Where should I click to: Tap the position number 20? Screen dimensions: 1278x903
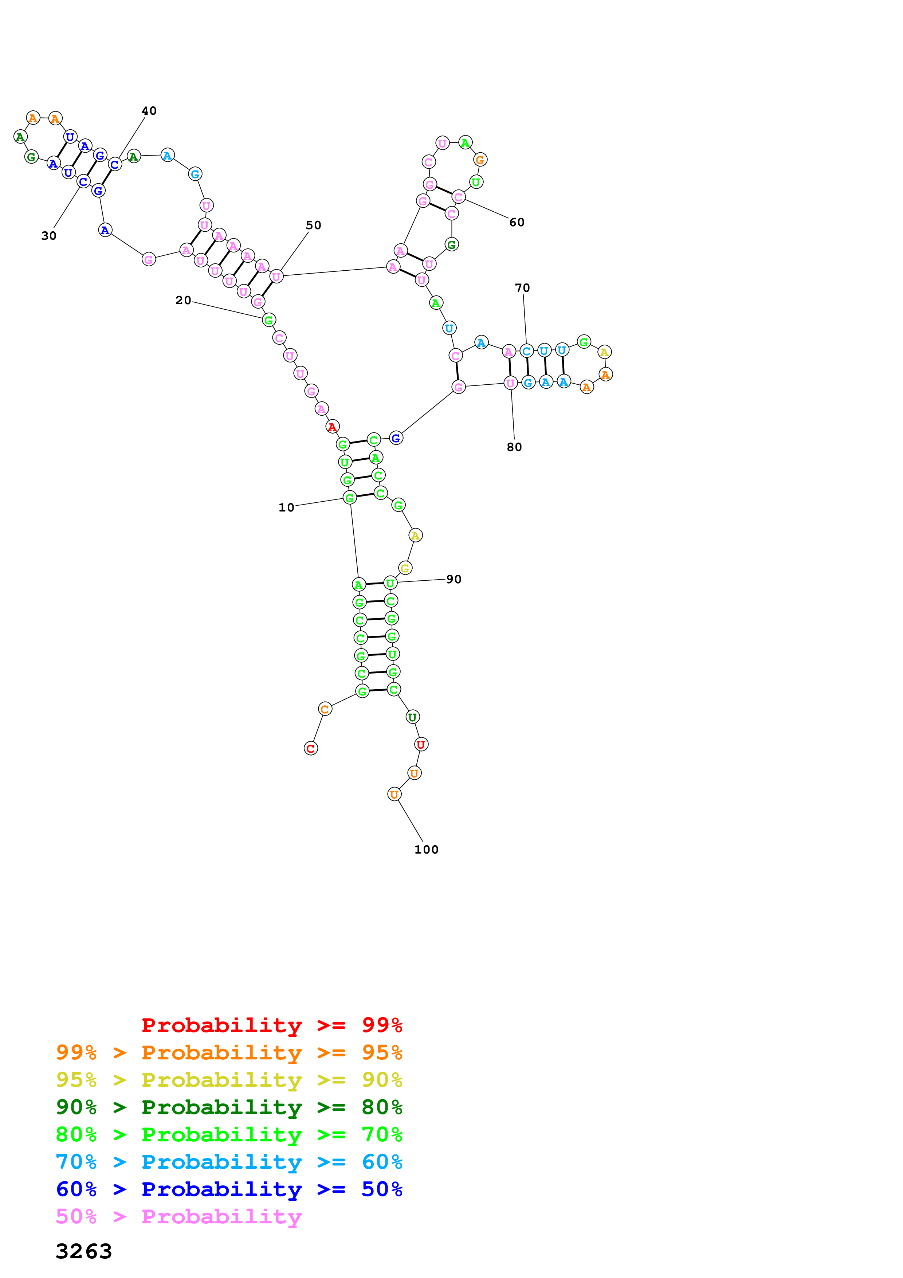click(x=183, y=300)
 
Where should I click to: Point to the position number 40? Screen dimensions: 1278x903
click(x=149, y=110)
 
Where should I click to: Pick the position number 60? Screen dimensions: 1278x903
click(x=517, y=222)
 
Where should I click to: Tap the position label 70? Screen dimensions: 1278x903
click(x=522, y=288)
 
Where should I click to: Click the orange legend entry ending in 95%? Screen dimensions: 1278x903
click(x=229, y=1052)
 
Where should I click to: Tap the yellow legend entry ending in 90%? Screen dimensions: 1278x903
click(x=229, y=1080)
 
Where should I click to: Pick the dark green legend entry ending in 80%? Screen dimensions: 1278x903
click(x=229, y=1107)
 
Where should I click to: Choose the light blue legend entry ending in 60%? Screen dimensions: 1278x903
click(x=229, y=1162)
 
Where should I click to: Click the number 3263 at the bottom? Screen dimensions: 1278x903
click(x=84, y=1251)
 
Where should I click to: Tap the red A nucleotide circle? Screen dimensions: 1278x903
click(x=332, y=427)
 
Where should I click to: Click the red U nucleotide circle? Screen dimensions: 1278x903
click(x=421, y=745)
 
